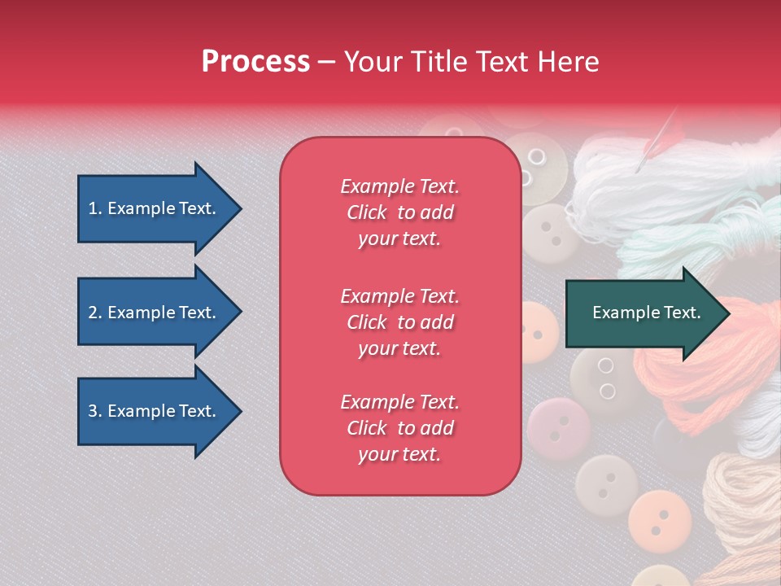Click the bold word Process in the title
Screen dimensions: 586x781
(x=255, y=62)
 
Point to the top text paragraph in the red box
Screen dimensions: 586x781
(x=399, y=212)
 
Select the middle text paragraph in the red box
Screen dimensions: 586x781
(x=399, y=322)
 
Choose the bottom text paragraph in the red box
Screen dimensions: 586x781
(x=399, y=428)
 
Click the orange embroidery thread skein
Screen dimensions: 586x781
(x=708, y=366)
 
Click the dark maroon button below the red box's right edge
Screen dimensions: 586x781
(x=558, y=426)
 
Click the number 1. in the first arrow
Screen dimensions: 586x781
(x=95, y=208)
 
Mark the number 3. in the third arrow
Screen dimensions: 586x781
(x=95, y=411)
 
